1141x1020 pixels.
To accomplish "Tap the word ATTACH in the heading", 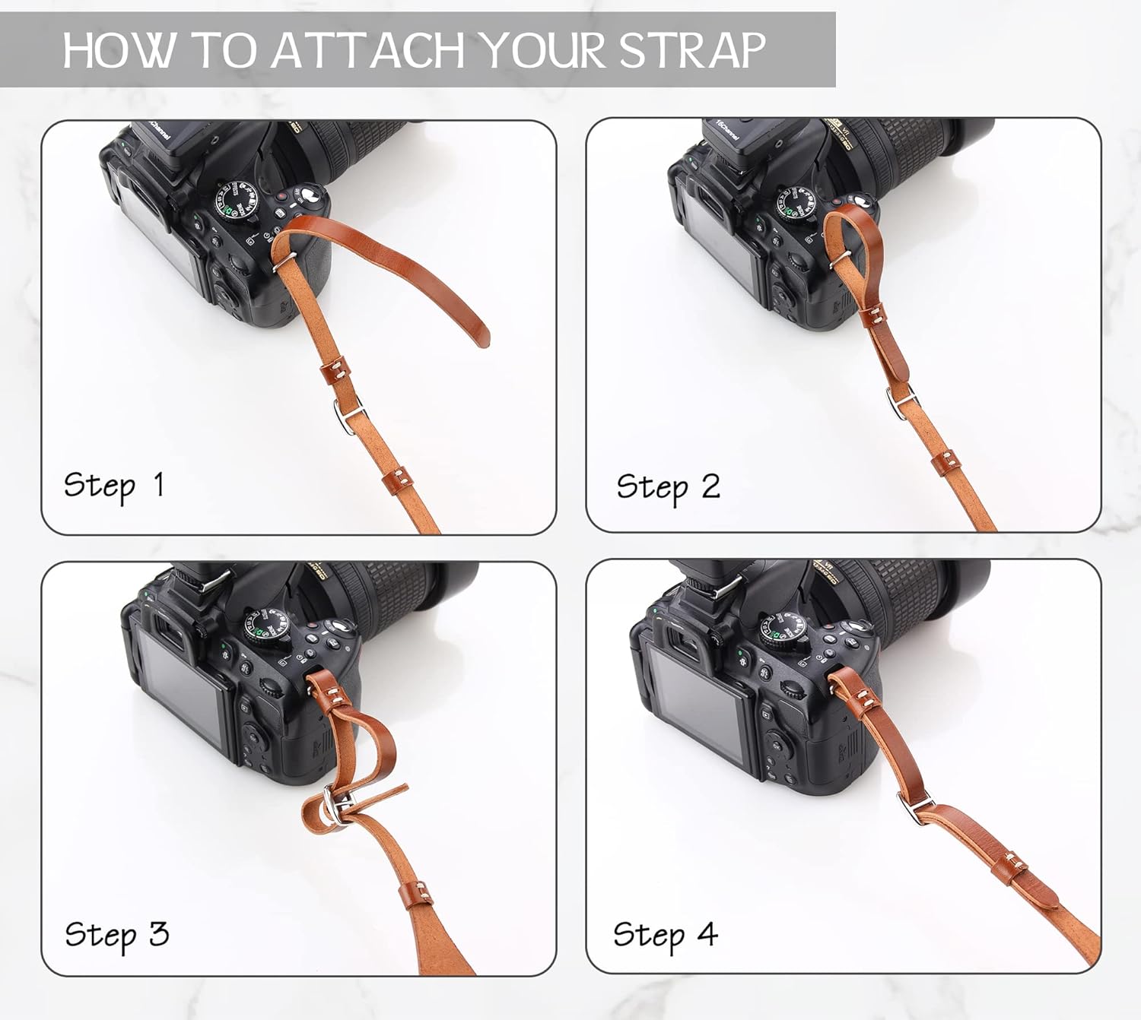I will [x=368, y=50].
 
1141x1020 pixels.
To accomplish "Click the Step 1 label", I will [x=113, y=486].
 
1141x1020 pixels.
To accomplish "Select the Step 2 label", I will [x=667, y=487].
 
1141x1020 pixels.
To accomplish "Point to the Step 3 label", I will [x=116, y=935].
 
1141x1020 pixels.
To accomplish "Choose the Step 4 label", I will [x=665, y=935].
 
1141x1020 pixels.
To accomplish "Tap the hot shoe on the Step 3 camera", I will [x=209, y=581].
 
